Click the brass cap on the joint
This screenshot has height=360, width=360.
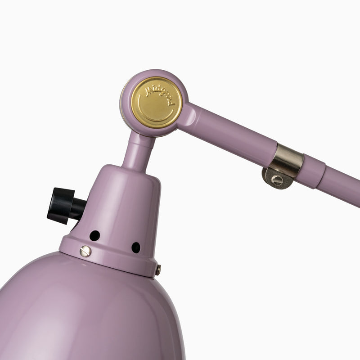157,103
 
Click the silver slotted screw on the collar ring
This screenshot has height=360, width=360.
85,251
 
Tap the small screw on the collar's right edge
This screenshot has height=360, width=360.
158,270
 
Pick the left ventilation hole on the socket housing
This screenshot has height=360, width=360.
94,235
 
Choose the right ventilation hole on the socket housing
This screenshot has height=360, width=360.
136,248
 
